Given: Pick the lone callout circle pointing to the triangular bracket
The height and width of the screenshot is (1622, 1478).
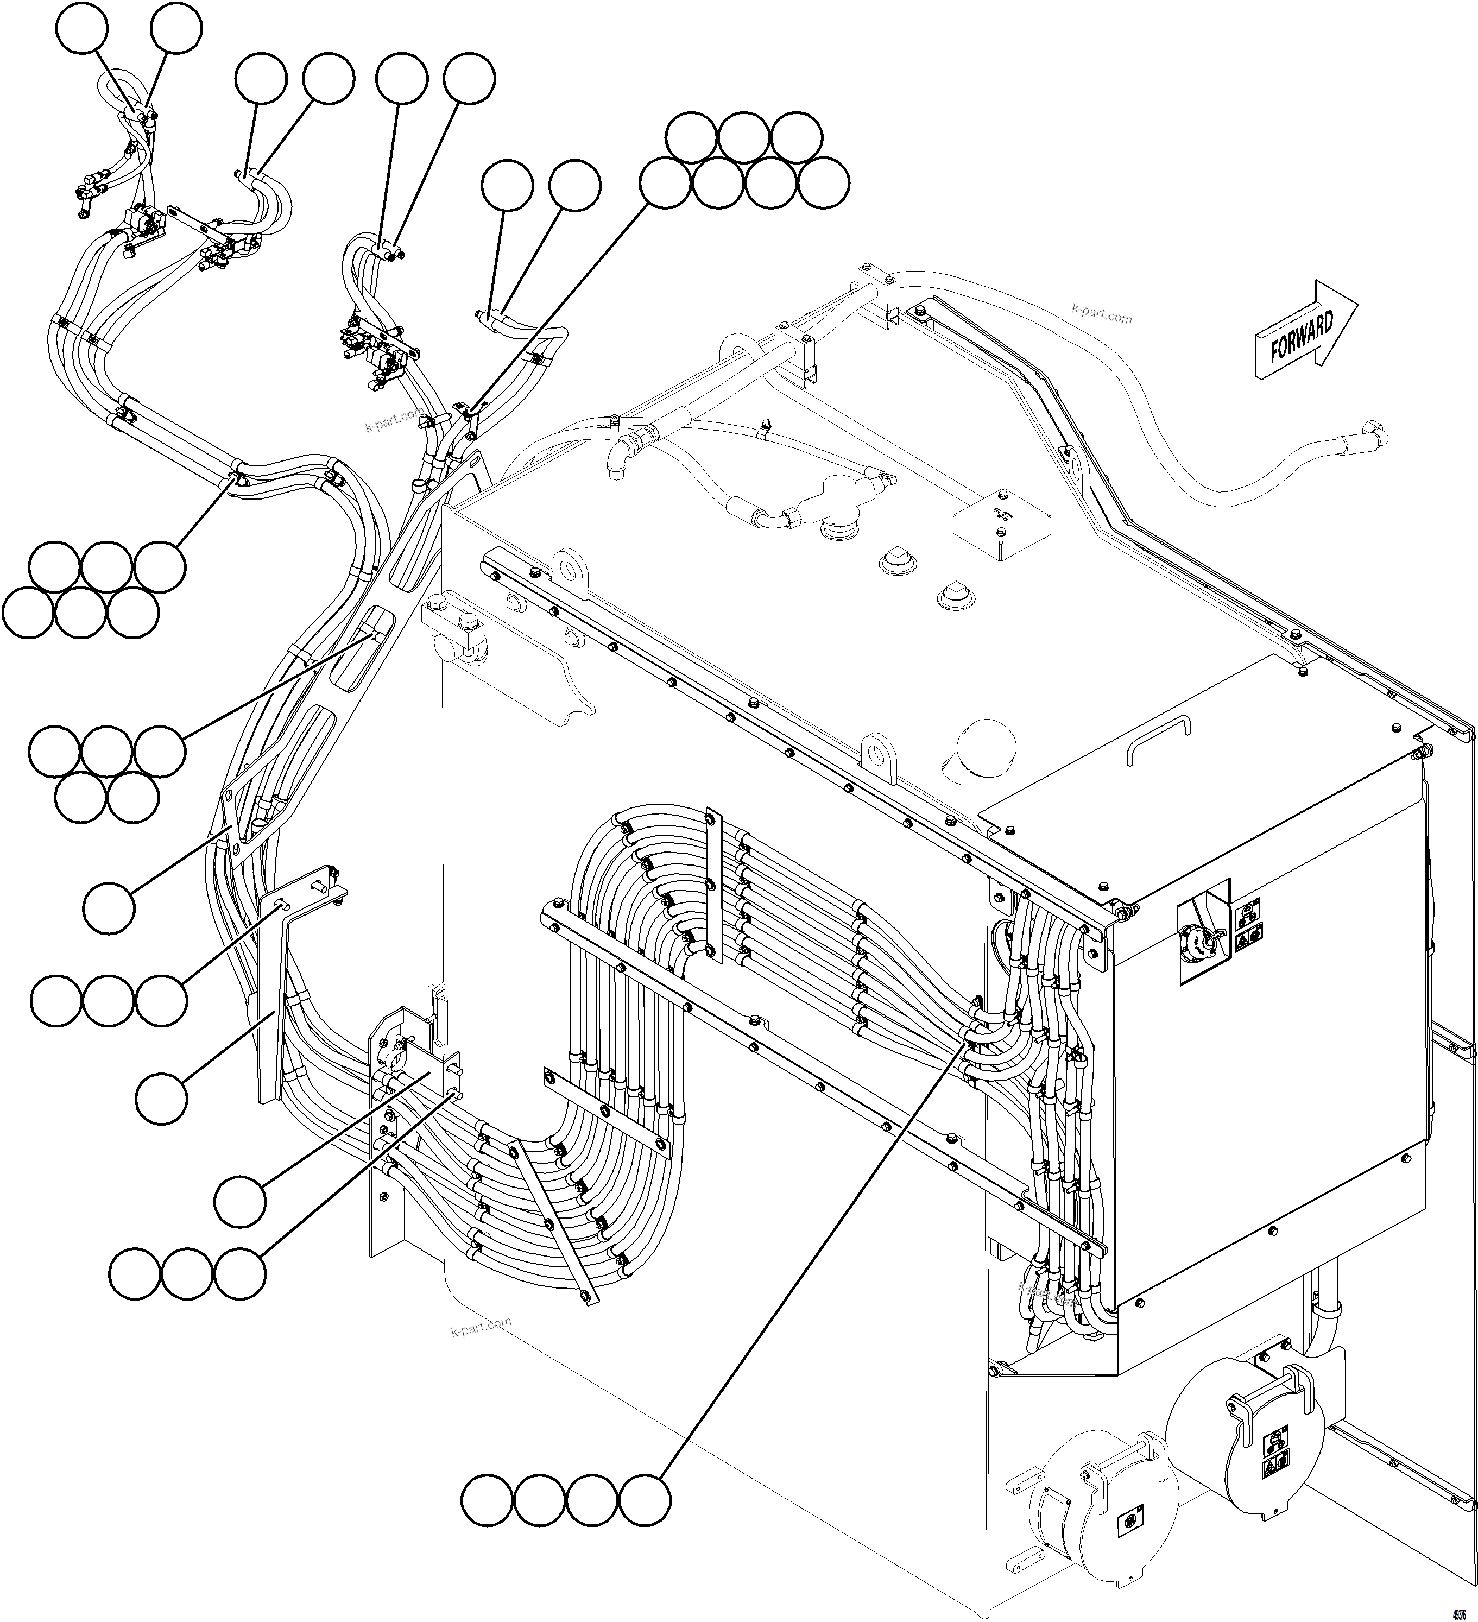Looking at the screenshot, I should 109,907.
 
